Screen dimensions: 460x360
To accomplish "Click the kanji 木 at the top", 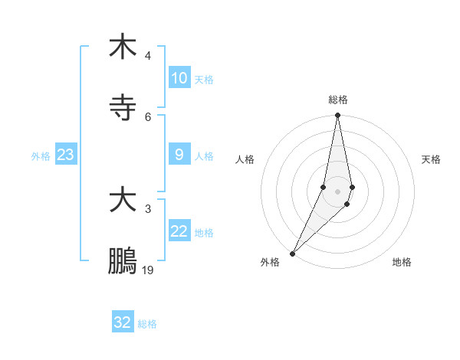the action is point(123,47).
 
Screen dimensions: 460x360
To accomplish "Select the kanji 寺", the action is point(123,107).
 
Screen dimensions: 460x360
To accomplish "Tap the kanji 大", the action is point(123,200).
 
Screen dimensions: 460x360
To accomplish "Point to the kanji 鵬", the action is point(123,260).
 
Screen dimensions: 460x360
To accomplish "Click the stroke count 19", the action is point(148,270).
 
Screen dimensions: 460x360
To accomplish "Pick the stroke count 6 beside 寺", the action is point(148,116).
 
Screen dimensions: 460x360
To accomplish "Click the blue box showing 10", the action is point(179,78).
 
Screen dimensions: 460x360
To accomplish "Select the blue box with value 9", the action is point(179,155).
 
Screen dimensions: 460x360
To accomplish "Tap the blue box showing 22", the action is point(179,231).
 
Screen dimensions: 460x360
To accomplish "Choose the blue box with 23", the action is point(66,155).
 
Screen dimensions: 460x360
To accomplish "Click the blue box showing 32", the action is point(123,322).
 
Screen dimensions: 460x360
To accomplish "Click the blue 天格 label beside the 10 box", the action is point(204,79).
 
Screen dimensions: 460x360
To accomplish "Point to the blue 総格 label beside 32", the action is point(147,323).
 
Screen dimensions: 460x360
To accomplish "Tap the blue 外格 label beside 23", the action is point(41,155).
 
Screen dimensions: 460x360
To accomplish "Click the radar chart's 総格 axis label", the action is point(337,100).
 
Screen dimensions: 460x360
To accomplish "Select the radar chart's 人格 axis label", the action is point(245,159).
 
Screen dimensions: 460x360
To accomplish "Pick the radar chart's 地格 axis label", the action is point(402,262).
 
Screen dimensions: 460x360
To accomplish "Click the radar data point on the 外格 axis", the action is point(292,253).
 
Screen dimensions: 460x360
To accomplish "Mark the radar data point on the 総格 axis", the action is point(337,116).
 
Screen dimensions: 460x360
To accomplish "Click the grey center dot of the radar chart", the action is point(337,191).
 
